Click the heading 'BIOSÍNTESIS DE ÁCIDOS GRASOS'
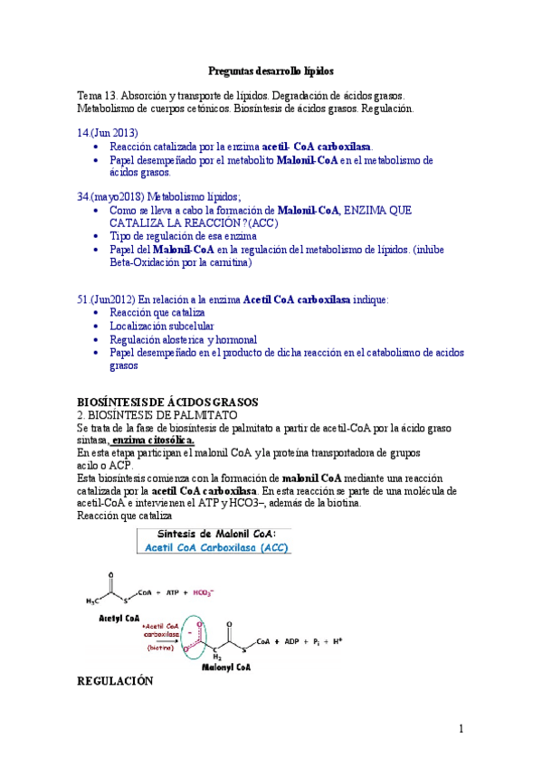168,401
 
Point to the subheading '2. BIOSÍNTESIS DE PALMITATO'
157,413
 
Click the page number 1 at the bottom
461,729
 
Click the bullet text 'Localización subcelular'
162,326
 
